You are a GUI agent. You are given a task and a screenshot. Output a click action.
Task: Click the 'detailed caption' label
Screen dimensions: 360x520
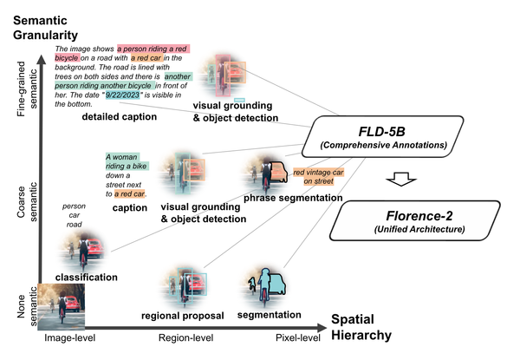[119, 116]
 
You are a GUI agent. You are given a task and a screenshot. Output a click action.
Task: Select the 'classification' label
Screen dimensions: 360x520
[87, 277]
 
